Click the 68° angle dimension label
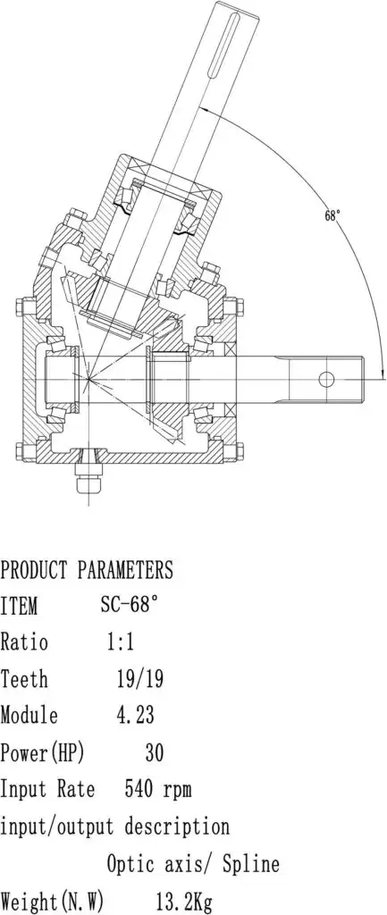pos(332,215)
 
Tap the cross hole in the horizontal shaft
pos(310,380)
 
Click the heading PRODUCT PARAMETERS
pos(87,569)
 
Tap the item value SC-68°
pos(129,605)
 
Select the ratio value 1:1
pos(121,642)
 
